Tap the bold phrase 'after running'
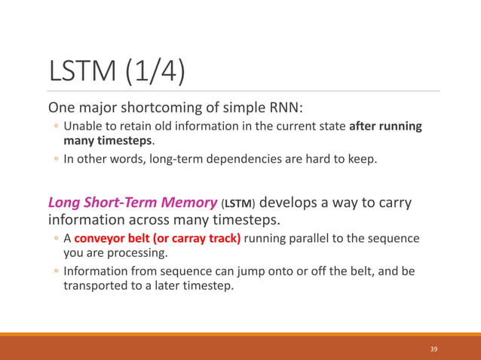[385, 126]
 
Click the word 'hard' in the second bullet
[323, 159]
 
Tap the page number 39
[434, 349]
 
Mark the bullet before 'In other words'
[56, 160]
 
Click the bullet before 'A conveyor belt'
[56, 239]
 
